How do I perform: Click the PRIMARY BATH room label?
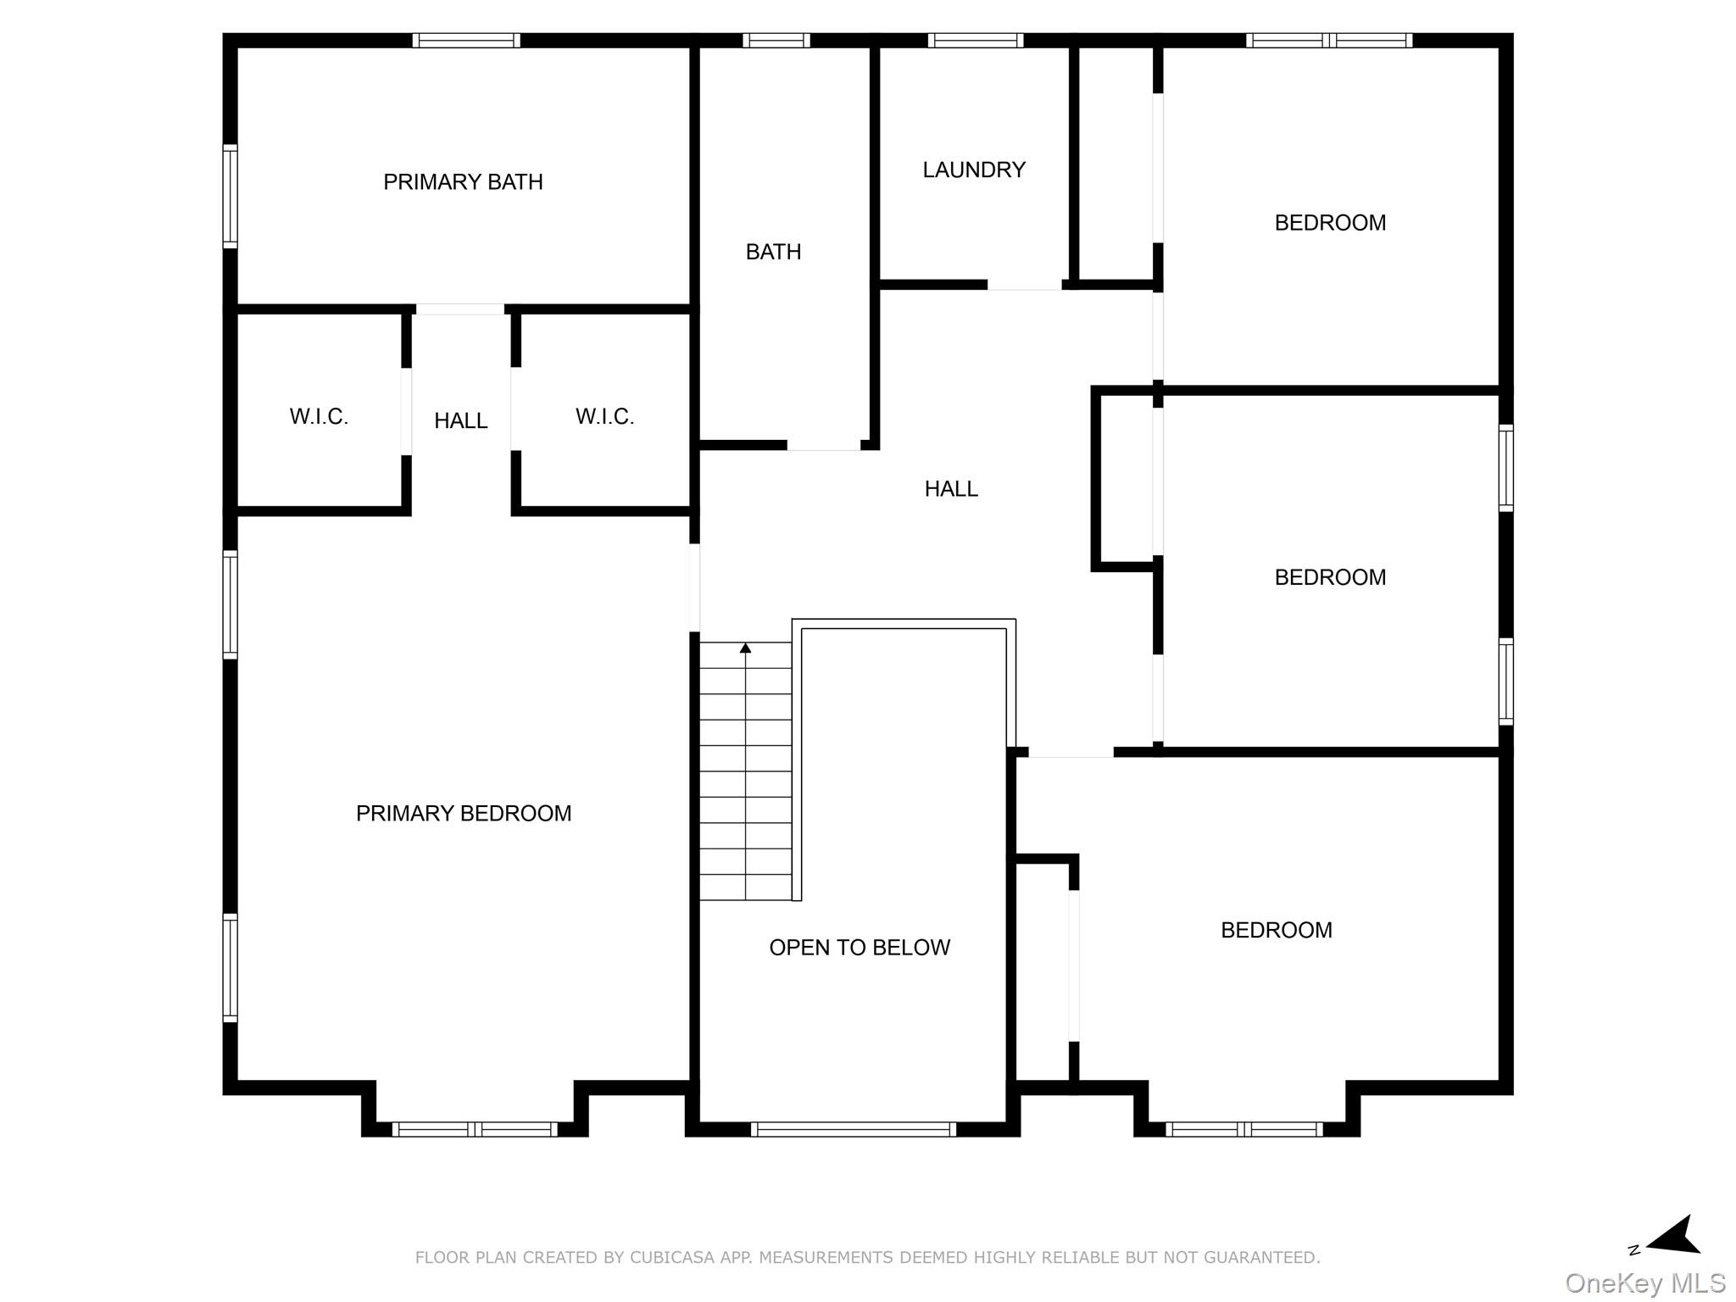pos(463,182)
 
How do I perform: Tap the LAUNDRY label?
pos(974,170)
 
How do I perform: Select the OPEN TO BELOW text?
pos(860,948)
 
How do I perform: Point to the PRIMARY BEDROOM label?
pos(464,814)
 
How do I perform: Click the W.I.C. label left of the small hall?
pos(319,417)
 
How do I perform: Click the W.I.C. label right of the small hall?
pos(604,417)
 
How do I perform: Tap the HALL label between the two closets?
pos(460,421)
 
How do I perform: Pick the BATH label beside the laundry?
pos(773,253)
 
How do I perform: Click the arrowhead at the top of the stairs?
pos(745,648)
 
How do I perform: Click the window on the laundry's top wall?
pos(975,41)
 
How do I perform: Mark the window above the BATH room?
pos(776,41)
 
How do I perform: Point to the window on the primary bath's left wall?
pos(230,197)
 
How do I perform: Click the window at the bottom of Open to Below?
pos(853,1129)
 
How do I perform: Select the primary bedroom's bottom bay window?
pos(475,1129)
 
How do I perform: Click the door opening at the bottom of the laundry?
pos(1024,285)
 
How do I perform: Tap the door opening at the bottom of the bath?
pos(823,445)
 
